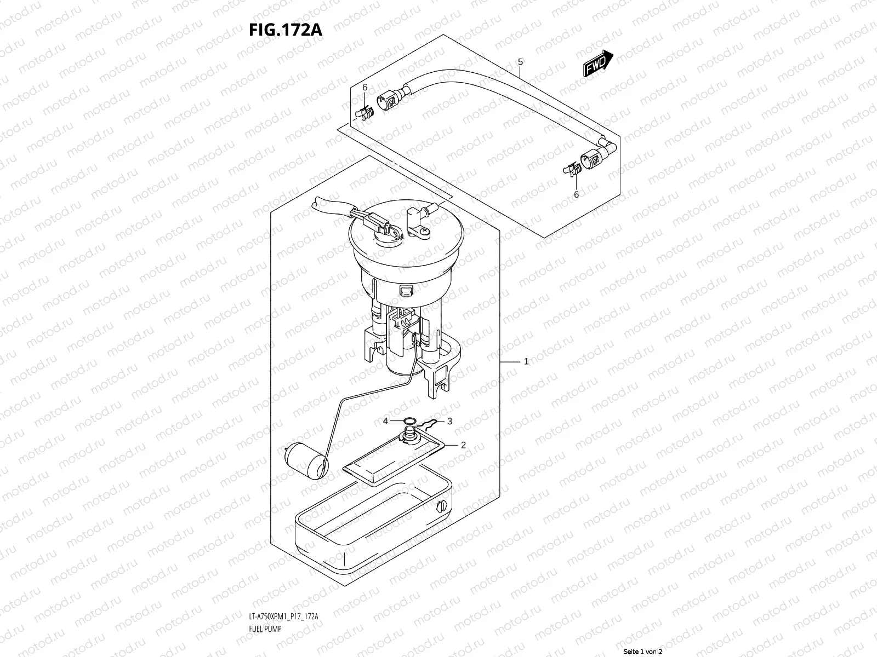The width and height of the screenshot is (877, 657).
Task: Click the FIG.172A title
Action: [x=285, y=30]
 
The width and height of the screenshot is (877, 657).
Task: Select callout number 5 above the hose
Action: [x=520, y=62]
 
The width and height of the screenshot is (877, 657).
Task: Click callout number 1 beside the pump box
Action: [x=526, y=361]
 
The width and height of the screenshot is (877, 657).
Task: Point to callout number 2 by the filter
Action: [x=463, y=445]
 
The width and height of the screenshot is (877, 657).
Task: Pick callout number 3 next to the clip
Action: [x=449, y=421]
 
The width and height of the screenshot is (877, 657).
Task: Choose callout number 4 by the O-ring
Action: [x=386, y=421]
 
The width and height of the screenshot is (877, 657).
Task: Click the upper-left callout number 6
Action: [x=365, y=88]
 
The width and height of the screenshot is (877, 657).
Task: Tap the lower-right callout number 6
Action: [x=576, y=194]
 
